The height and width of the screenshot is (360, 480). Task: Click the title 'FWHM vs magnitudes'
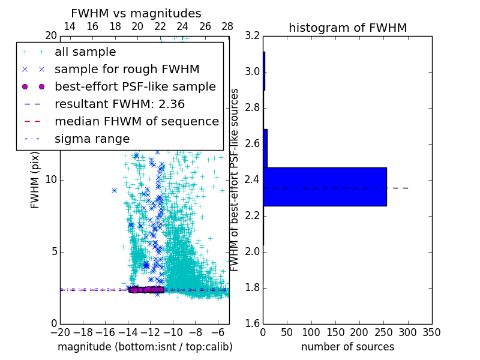136,13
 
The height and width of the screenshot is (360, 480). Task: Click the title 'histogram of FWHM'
347,28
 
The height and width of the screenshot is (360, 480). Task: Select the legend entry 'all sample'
85,52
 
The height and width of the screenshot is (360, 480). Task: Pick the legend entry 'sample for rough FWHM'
127,70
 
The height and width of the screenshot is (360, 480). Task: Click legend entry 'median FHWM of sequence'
136,121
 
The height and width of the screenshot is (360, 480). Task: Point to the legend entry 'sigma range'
92,139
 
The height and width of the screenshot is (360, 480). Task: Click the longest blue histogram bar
325,187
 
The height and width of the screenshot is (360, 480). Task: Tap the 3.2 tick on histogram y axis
252,36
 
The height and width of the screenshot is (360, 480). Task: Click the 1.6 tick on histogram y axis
252,323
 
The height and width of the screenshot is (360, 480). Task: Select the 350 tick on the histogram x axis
431,332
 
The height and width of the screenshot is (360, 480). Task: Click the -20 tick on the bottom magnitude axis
60,332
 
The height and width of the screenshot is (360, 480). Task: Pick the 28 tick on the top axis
227,26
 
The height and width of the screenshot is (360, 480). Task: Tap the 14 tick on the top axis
70,26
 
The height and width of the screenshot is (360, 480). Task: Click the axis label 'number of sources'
347,347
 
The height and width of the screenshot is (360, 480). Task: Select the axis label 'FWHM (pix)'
35,180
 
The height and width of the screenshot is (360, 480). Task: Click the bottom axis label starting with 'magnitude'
145,347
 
